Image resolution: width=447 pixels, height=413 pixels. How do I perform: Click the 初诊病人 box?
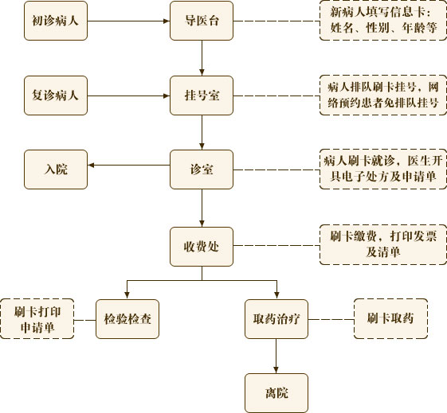click(56, 21)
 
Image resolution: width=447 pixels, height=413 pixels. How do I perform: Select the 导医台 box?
click(202, 21)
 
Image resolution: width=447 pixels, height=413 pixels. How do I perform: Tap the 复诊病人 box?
click(56, 95)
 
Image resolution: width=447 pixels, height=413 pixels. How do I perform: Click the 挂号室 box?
click(202, 95)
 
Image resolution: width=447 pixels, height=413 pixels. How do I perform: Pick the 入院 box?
click(56, 169)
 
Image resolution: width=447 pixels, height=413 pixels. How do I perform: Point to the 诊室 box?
click(202, 169)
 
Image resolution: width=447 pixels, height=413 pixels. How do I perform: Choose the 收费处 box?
click(202, 247)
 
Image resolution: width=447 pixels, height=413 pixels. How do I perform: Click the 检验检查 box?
click(127, 319)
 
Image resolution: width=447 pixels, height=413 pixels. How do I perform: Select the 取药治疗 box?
click(276, 319)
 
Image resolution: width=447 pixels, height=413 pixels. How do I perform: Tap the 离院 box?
click(276, 393)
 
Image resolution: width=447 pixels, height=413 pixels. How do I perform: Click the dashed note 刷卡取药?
click(391, 319)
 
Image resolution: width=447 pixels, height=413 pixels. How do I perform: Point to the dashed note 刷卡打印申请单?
click(37, 319)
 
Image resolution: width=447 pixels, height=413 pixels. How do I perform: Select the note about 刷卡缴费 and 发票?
click(383, 244)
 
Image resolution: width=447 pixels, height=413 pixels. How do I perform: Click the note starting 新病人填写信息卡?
click(383, 21)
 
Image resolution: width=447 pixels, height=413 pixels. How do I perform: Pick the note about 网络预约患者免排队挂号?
click(383, 95)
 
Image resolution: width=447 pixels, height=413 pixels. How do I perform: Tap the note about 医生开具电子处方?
click(383, 169)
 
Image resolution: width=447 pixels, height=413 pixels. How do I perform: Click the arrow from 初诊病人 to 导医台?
click(128, 21)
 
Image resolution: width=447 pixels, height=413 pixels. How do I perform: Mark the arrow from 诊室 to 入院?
click(129, 165)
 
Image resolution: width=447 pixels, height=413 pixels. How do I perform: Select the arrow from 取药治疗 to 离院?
click(276, 356)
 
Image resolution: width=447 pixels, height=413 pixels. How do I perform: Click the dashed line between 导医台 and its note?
click(276, 21)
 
